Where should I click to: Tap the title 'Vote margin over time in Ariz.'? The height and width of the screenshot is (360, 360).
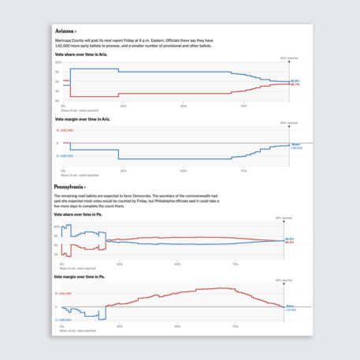[87, 119]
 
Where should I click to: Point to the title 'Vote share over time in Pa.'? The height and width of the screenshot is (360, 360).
[84, 213]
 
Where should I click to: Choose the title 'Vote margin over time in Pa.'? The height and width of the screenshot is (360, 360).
[84, 276]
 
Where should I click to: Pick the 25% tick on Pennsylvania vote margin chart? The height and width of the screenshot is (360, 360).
[120, 326]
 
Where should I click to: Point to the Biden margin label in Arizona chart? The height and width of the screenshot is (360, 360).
[297, 146]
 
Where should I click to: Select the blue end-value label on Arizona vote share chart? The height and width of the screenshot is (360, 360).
[295, 80]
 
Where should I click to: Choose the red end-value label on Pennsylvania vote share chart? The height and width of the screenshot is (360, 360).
[289, 243]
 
